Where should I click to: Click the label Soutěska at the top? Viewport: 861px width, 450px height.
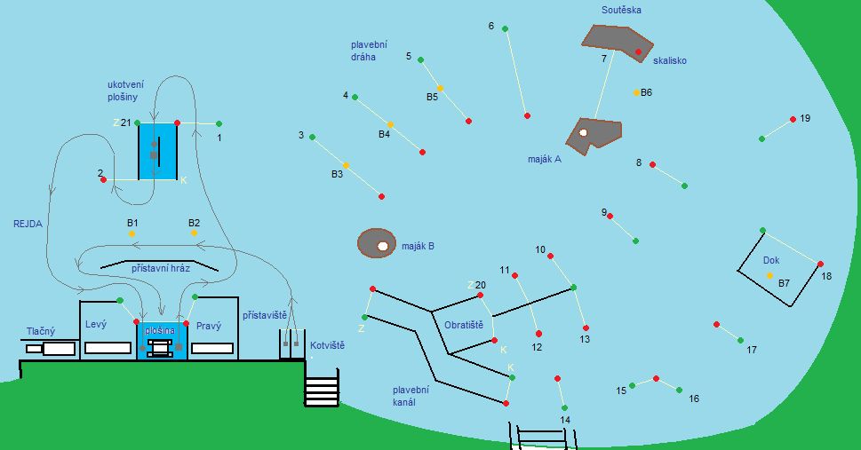[x=621, y=11]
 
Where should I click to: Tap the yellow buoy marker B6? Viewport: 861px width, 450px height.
[x=637, y=92]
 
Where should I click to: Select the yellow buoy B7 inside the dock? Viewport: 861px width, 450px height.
[x=769, y=275]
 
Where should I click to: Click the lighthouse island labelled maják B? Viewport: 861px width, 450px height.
[x=376, y=243]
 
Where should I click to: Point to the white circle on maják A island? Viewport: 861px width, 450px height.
[x=583, y=133]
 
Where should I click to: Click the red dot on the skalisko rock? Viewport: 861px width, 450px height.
[x=638, y=52]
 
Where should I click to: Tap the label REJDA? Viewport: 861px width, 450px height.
[x=28, y=225]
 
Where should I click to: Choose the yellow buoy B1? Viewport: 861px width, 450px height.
[x=132, y=233]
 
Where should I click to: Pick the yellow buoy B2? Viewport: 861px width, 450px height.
[x=195, y=233]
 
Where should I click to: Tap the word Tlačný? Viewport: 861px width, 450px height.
[x=40, y=332]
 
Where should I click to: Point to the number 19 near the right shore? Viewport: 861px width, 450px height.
[x=805, y=118]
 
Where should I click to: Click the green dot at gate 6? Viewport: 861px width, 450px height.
[x=506, y=29]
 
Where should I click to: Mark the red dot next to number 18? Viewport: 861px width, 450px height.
[x=820, y=264]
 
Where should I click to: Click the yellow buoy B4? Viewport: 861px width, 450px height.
[x=390, y=124]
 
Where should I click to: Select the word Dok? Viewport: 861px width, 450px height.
[x=771, y=261]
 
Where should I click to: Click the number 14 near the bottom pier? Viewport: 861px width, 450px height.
[x=565, y=420]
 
